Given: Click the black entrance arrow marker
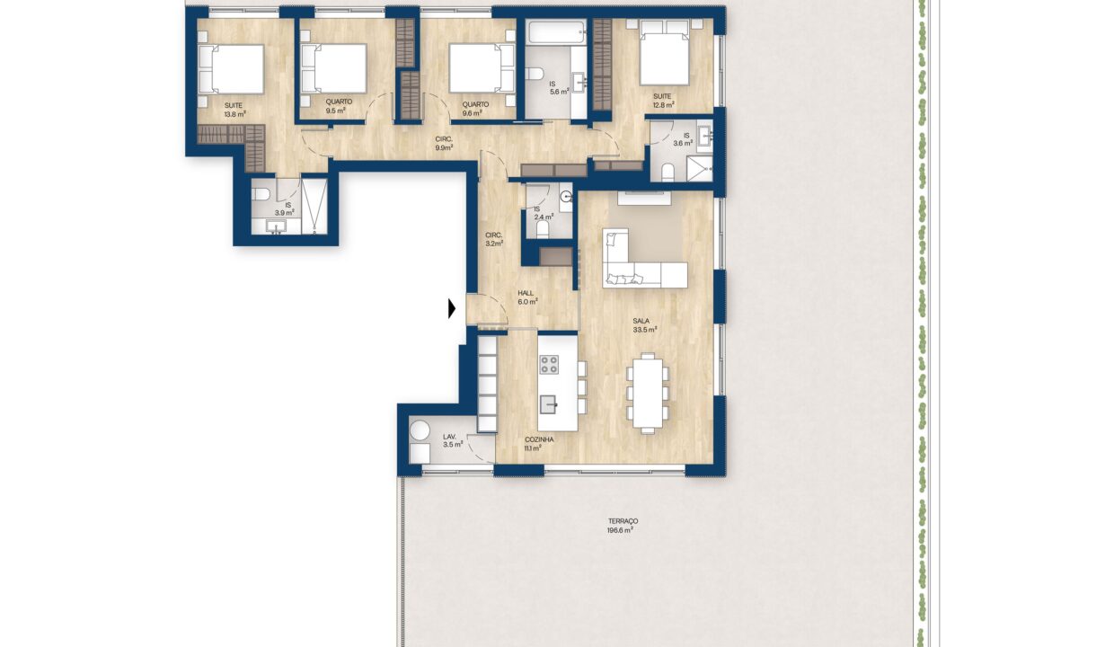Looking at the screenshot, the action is [x=452, y=308].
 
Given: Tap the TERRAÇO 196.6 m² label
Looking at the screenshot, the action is [x=623, y=526].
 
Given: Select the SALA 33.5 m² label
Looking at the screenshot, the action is [x=644, y=325].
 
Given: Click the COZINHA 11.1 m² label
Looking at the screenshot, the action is [x=539, y=444].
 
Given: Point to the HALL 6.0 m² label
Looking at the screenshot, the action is [x=527, y=297].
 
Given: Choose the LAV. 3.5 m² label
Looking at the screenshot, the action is [x=453, y=440].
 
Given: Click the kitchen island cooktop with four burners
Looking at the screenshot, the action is [x=549, y=365].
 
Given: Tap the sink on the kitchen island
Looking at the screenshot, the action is [x=549, y=404].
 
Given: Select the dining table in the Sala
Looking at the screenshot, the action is [x=647, y=393].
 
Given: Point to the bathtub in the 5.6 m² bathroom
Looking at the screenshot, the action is [x=556, y=32].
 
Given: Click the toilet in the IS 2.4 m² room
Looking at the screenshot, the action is [x=542, y=230].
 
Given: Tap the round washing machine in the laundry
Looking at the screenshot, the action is [x=420, y=430].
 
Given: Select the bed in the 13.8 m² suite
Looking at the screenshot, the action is [x=231, y=69].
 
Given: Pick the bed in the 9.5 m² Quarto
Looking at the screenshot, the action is [x=334, y=68].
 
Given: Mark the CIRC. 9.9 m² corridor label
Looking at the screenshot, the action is [x=444, y=144].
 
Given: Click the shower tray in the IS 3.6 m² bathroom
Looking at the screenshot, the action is [x=699, y=168].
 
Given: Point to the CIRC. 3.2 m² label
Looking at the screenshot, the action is [x=494, y=239].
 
